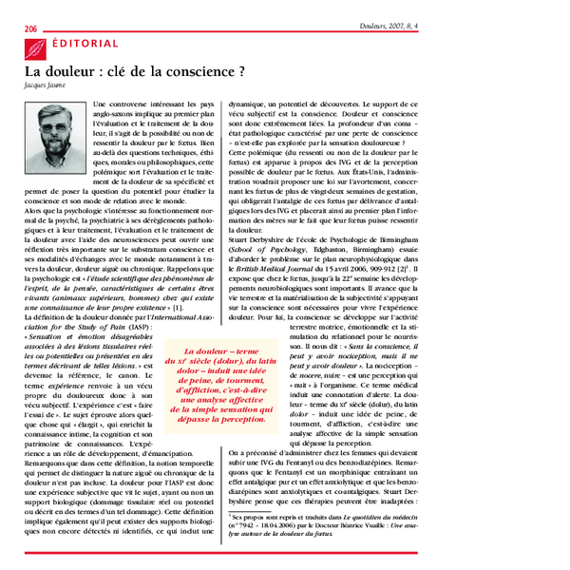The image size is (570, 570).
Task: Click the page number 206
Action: [30, 29]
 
